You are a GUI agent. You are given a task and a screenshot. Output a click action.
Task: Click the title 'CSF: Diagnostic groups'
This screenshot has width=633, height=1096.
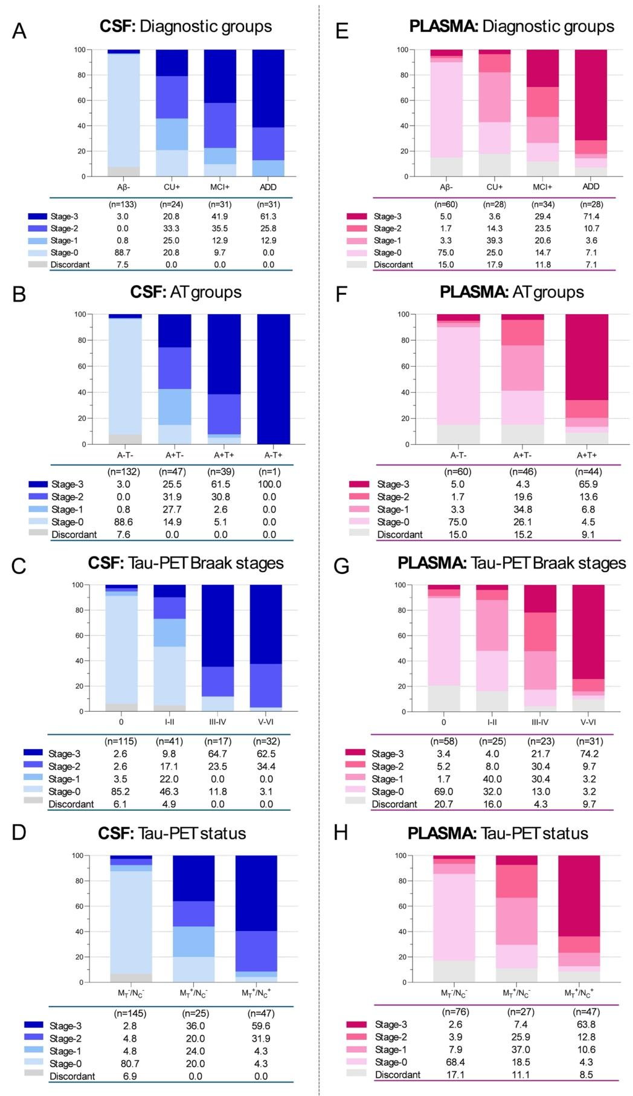pyautogui.click(x=185, y=27)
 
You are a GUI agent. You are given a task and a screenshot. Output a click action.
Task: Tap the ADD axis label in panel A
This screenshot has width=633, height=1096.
pyautogui.click(x=268, y=187)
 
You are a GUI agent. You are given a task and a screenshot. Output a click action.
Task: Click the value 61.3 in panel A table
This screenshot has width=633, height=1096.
pyautogui.click(x=268, y=216)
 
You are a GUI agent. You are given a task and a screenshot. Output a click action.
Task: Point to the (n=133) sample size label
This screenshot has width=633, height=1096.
pyautogui.click(x=123, y=204)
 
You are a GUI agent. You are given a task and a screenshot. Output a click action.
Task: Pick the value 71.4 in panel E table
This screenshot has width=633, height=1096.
pyautogui.click(x=591, y=216)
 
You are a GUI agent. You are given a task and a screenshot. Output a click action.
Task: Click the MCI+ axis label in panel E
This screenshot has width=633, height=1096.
pyautogui.click(x=542, y=187)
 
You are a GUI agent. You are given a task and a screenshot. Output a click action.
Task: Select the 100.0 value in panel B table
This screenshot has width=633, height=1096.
pyautogui.click(x=269, y=485)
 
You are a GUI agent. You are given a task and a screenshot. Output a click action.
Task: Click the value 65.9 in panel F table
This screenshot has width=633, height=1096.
pyautogui.click(x=586, y=485)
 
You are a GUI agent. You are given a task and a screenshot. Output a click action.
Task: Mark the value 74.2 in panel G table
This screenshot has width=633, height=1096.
pyautogui.click(x=589, y=753)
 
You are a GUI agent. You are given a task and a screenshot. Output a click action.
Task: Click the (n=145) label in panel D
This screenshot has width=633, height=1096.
pyautogui.click(x=130, y=1013)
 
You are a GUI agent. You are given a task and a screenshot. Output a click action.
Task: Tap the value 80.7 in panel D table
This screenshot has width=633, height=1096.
pyautogui.click(x=130, y=1063)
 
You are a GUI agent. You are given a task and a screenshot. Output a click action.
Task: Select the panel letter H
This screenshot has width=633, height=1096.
pyautogui.click(x=341, y=833)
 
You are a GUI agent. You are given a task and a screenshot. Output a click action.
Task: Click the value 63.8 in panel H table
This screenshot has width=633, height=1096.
pyautogui.click(x=586, y=1024)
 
